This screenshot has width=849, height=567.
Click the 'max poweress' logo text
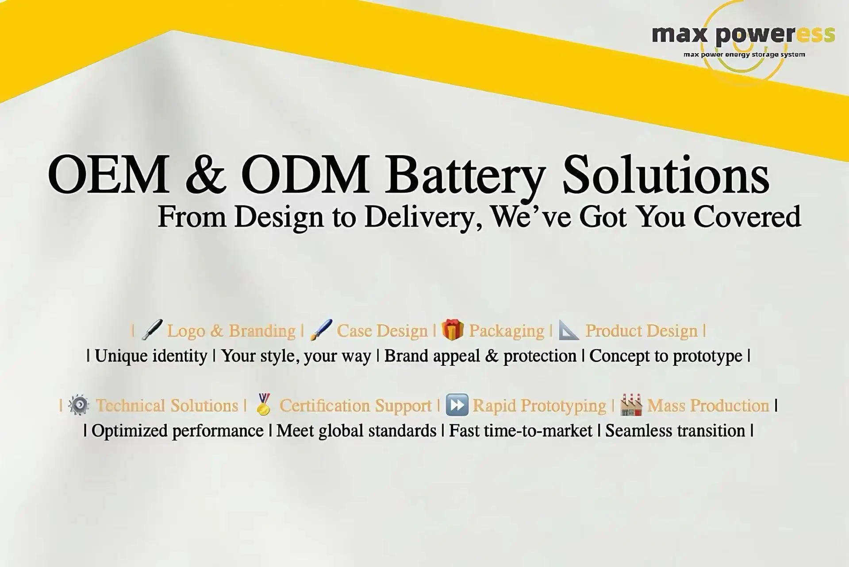(x=743, y=35)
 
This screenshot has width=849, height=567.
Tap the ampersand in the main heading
(x=205, y=174)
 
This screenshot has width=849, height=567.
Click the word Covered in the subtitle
(x=747, y=217)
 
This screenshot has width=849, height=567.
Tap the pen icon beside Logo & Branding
(x=152, y=330)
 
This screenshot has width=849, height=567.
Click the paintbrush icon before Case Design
(x=321, y=330)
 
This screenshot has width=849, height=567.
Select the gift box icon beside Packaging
(x=452, y=330)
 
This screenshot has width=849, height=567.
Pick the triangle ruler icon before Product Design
(x=569, y=330)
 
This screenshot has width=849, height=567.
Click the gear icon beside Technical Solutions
(x=79, y=405)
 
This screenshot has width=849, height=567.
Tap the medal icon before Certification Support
(x=264, y=404)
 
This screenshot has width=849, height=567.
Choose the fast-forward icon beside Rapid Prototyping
(x=457, y=405)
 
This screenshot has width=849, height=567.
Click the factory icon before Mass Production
(x=631, y=404)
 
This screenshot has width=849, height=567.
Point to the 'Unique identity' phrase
(x=151, y=356)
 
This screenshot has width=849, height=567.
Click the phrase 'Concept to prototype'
(x=666, y=356)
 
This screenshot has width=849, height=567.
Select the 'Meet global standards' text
(x=356, y=431)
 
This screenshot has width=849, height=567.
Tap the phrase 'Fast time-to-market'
(x=520, y=431)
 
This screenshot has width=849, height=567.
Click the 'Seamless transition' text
(x=675, y=431)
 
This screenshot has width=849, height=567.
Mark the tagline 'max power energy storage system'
(x=744, y=55)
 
